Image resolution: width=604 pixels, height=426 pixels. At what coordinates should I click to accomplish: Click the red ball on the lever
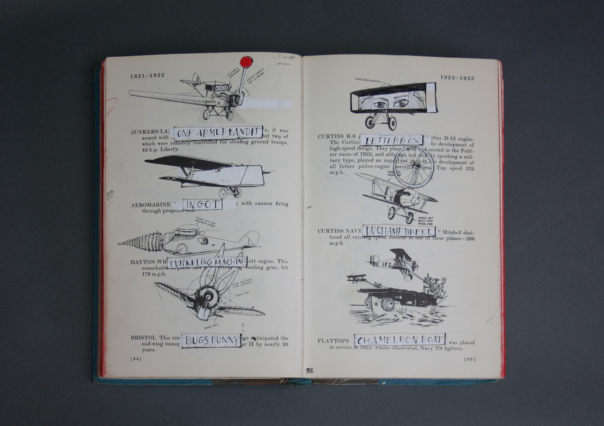[246, 62]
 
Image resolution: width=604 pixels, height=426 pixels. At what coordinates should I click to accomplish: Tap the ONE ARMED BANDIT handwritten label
[218, 133]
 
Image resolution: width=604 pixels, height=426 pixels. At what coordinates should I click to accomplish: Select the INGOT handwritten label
[202, 205]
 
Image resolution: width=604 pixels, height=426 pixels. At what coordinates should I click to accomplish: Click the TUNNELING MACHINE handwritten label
[207, 262]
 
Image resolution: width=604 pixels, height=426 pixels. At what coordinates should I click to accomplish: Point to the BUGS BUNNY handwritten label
[211, 340]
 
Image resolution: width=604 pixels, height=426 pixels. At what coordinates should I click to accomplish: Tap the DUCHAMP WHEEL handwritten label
[399, 231]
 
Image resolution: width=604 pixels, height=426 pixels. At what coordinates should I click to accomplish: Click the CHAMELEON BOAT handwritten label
[400, 340]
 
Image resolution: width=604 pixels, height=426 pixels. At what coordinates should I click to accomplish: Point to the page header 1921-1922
[147, 76]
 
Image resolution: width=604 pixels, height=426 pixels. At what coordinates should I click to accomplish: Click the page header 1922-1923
[457, 78]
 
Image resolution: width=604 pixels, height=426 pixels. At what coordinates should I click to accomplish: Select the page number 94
[136, 359]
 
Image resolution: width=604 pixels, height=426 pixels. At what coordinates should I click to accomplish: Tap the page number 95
[469, 359]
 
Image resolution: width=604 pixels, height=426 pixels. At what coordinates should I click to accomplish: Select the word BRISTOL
[143, 338]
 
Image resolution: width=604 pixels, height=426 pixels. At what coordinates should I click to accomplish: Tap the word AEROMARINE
[151, 205]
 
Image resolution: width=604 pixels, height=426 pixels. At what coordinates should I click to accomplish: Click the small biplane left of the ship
[356, 278]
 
